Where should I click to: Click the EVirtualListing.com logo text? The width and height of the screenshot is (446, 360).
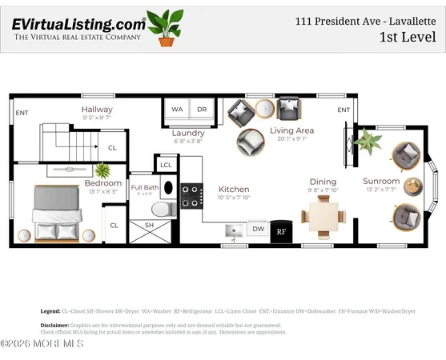click(x=78, y=25)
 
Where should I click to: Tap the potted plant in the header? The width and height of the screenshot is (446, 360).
click(x=166, y=29)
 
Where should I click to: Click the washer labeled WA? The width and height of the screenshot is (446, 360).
click(x=177, y=110)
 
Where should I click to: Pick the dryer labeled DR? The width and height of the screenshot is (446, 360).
click(x=203, y=110)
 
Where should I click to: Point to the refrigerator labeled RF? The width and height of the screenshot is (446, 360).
click(x=281, y=231)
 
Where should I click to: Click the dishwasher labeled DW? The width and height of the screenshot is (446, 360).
click(x=258, y=229)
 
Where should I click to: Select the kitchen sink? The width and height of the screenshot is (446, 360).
click(x=235, y=231)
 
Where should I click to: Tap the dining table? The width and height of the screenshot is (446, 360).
click(x=323, y=214)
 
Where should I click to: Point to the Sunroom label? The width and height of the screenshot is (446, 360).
click(x=381, y=181)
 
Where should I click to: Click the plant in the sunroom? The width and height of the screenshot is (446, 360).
click(x=368, y=142)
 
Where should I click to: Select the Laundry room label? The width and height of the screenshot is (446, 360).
click(x=189, y=133)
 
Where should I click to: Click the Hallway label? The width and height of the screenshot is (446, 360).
click(x=97, y=109)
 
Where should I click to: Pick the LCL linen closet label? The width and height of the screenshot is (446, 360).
click(x=167, y=165)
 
